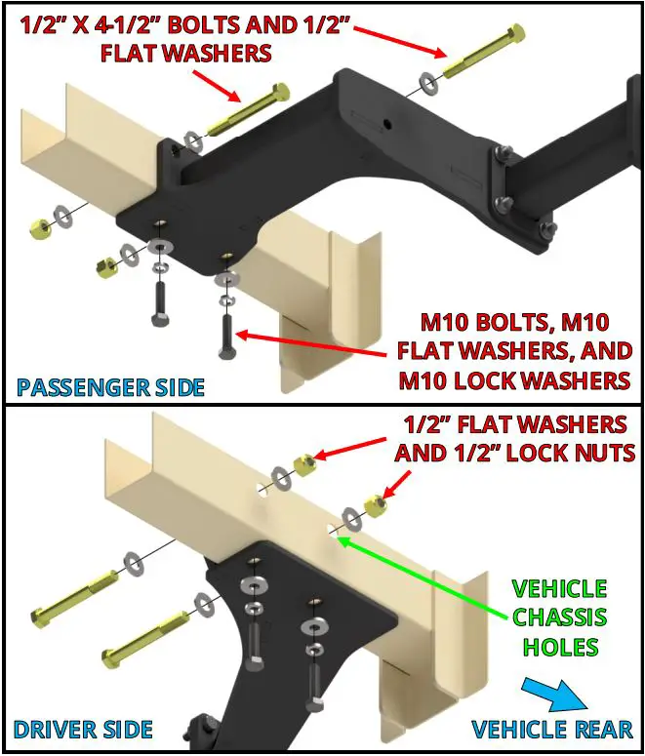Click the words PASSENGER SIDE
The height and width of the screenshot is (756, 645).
tap(109, 386)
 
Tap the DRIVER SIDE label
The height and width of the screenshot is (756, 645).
tap(83, 729)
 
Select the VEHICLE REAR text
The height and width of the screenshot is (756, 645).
tap(552, 729)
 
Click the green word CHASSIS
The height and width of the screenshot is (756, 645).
tap(559, 617)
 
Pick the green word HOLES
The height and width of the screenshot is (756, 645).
tap(559, 646)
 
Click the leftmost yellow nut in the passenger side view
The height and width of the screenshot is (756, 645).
tap(38, 226)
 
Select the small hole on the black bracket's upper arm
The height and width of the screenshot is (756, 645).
tap(387, 123)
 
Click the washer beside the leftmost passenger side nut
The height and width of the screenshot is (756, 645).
tap(64, 215)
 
